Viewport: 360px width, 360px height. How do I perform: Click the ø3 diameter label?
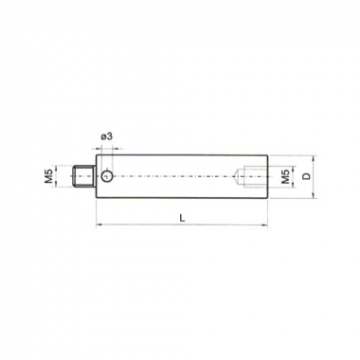pos(106,136)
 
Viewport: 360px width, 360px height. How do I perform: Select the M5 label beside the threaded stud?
pos(48,176)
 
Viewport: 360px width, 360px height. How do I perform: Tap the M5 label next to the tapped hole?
pos(285,176)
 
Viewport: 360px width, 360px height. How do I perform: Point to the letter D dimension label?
pos(306,176)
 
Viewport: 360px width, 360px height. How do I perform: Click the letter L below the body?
pos(182,218)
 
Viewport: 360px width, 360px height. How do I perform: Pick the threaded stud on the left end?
pos(83,176)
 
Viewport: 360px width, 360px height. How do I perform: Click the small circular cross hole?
pos(107,176)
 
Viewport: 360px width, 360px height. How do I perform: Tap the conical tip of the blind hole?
pos(236,176)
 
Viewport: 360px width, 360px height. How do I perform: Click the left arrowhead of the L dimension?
pos(97,225)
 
